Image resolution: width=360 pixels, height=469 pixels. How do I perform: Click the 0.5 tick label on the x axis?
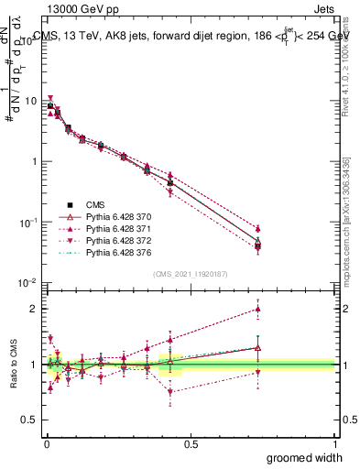point(191,443)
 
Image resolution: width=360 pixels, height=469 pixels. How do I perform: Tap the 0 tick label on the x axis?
point(46,443)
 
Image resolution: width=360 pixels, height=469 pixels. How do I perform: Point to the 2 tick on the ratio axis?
point(34,309)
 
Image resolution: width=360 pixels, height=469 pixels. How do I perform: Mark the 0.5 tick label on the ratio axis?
point(30,420)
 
